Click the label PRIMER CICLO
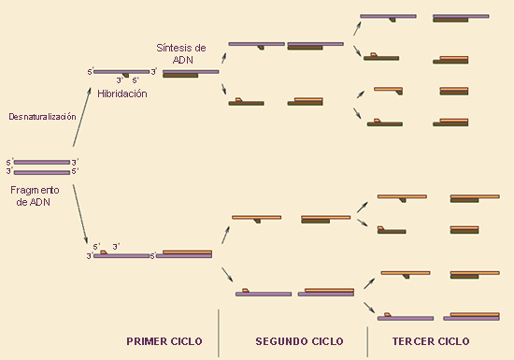click(x=164, y=341)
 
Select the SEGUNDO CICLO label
click(x=299, y=341)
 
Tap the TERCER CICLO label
click(x=431, y=341)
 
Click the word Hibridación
click(x=122, y=94)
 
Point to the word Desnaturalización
click(x=42, y=117)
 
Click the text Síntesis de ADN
click(x=181, y=54)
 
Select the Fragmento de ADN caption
click(x=35, y=195)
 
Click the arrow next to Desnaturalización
click(x=81, y=117)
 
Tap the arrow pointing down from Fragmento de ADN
click(x=80, y=214)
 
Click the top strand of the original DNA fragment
click(x=42, y=163)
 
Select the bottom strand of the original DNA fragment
click(x=42, y=172)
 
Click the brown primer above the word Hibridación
click(x=125, y=76)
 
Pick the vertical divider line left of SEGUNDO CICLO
click(x=219, y=333)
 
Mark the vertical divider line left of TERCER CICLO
click(x=367, y=341)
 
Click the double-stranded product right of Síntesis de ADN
click(x=191, y=74)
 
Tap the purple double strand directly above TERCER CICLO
click(x=471, y=316)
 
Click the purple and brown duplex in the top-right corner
click(x=461, y=18)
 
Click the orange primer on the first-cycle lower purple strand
click(x=104, y=252)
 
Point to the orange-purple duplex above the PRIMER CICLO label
click(x=184, y=254)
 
